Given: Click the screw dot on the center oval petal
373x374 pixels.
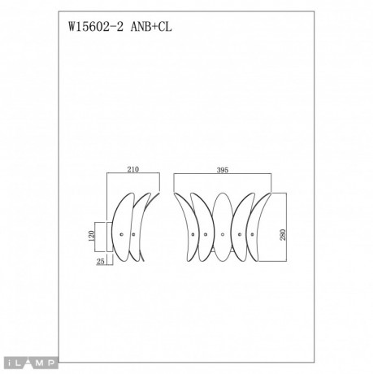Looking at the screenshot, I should [x=223, y=234].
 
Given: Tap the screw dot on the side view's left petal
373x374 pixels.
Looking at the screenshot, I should [x=121, y=234].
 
